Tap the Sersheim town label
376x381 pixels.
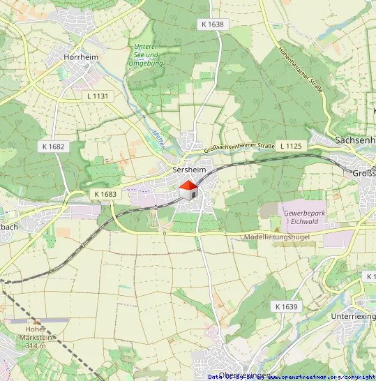(x=188, y=170)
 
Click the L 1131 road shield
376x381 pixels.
(x=100, y=96)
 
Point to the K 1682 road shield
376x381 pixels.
(x=53, y=147)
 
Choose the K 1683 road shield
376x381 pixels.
(x=105, y=194)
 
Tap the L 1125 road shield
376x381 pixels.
(x=291, y=146)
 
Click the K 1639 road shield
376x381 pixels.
(x=286, y=306)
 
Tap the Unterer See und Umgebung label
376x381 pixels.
(x=146, y=55)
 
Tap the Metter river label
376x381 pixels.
(x=156, y=130)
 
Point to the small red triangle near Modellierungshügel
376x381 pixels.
(x=276, y=229)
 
